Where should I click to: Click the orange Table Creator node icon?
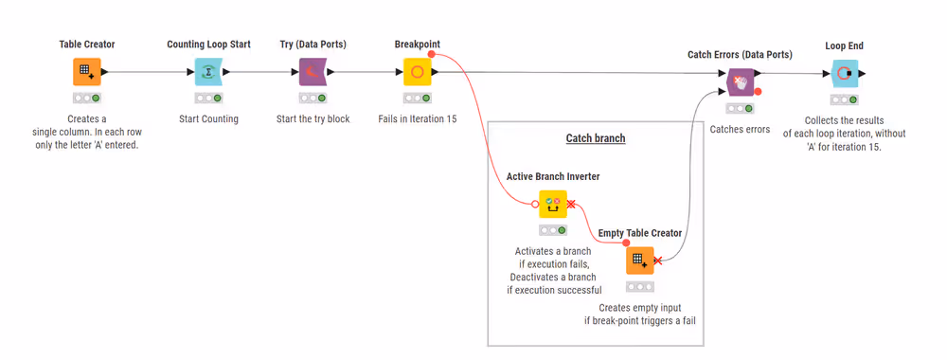(86, 72)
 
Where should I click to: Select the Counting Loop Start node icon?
(207, 72)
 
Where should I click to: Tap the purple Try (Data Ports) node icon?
(312, 72)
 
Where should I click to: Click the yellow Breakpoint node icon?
(417, 72)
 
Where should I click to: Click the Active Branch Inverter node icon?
(552, 203)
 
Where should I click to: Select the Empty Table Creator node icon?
(639, 260)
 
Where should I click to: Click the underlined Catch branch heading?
(596, 138)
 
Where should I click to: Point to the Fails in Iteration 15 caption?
(417, 118)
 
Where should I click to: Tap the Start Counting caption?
(208, 118)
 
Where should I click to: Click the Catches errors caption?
(740, 129)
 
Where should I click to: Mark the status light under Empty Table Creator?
(639, 286)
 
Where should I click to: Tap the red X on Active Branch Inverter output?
(571, 203)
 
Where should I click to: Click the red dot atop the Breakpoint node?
(431, 55)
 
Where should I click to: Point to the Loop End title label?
(844, 45)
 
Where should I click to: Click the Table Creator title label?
(87, 45)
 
